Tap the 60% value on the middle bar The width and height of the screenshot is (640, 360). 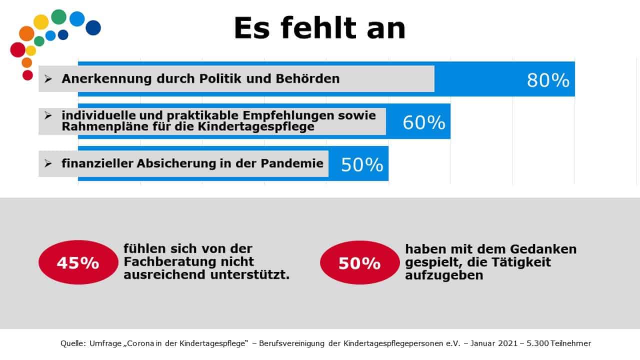coord(423,122)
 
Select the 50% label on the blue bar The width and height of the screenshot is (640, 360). coord(362,164)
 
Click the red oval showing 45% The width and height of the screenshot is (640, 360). coord(78,262)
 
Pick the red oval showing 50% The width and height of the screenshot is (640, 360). coord(359,262)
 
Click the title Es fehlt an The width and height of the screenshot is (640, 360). coord(319,28)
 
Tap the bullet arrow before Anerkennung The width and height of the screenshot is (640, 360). coord(48,78)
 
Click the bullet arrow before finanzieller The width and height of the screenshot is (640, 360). coord(48,163)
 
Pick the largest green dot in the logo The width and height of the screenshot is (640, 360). coord(58,16)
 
